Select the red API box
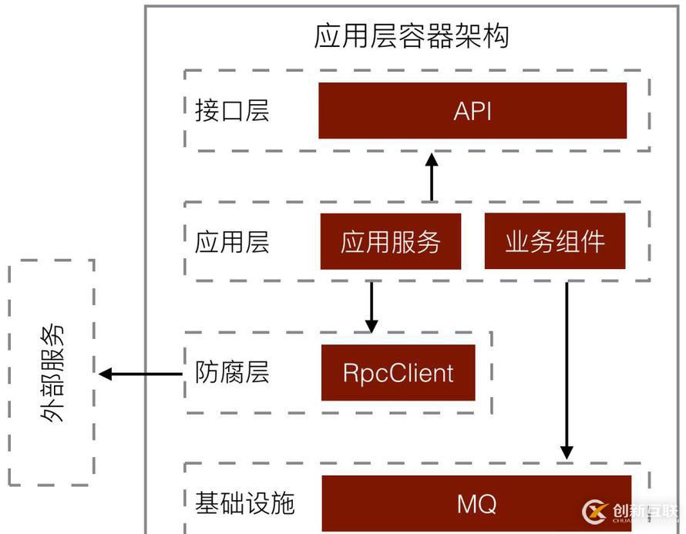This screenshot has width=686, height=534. pyautogui.click(x=472, y=110)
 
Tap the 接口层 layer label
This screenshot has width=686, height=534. pyautogui.click(x=232, y=111)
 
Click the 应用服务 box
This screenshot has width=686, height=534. pyautogui.click(x=390, y=242)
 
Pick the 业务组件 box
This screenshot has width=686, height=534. pyautogui.click(x=554, y=242)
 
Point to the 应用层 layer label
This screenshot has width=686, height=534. pyautogui.click(x=232, y=243)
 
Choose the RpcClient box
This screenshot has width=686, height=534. pyautogui.click(x=398, y=373)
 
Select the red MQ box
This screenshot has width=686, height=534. pyautogui.click(x=476, y=504)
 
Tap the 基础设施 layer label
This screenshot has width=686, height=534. pyautogui.click(x=244, y=504)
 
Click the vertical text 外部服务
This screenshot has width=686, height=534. pyautogui.click(x=52, y=373)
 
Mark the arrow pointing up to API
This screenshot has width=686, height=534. pyautogui.click(x=432, y=177)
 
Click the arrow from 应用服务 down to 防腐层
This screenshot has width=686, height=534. pyautogui.click(x=372, y=306)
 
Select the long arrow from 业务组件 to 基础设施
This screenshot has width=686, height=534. pyautogui.click(x=567, y=370)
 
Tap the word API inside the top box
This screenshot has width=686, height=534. pyautogui.click(x=472, y=111)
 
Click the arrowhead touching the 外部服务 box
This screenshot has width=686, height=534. pyautogui.click(x=106, y=374)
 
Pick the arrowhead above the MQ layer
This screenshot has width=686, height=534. pyautogui.click(x=567, y=452)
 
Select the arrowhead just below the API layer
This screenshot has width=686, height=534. pyautogui.click(x=432, y=160)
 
